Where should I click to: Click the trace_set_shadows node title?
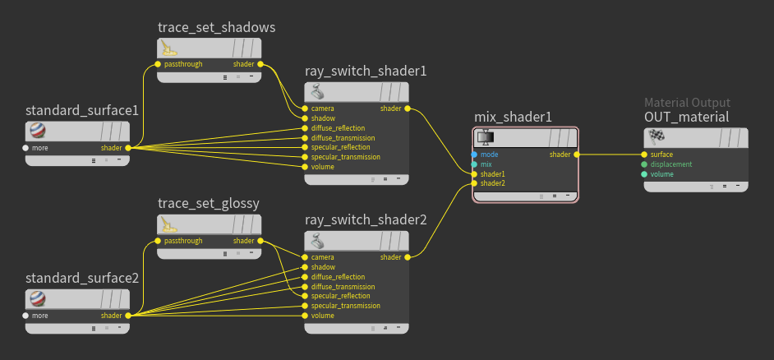pyautogui.click(x=217, y=28)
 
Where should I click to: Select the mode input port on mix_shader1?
pyautogui.click(x=474, y=155)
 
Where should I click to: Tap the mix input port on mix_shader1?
pyautogui.click(x=474, y=164)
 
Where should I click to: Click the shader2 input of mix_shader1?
pyautogui.click(x=474, y=183)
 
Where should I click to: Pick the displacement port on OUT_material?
pyautogui.click(x=644, y=164)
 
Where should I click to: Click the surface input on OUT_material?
pyautogui.click(x=644, y=155)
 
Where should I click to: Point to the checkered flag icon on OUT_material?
pyautogui.click(x=657, y=136)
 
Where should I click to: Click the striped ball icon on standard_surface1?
pyautogui.click(x=38, y=131)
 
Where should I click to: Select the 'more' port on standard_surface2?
pyautogui.click(x=25, y=316)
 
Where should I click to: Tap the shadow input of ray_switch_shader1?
pyautogui.click(x=305, y=118)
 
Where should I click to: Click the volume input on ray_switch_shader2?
pyautogui.click(x=305, y=316)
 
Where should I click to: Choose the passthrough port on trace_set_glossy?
pyautogui.click(x=158, y=241)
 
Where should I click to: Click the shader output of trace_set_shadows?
pyautogui.click(x=260, y=64)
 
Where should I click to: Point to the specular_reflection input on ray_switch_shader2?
pyautogui.click(x=305, y=296)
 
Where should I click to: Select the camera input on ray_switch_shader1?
pyautogui.click(x=305, y=108)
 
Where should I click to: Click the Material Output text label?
pyautogui.click(x=687, y=103)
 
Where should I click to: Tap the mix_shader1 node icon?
pyautogui.click(x=486, y=136)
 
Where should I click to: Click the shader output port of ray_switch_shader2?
pyautogui.click(x=408, y=257)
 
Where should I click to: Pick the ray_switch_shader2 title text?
pyautogui.click(x=366, y=219)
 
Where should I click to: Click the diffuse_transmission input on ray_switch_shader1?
pyautogui.click(x=305, y=138)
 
